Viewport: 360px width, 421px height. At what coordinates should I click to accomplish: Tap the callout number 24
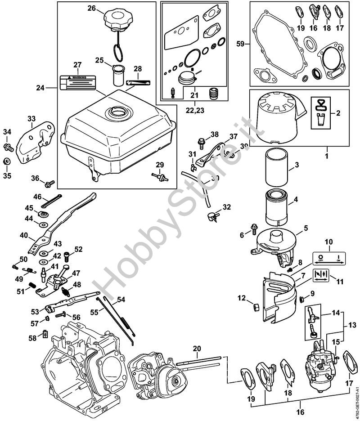[x=41, y=88]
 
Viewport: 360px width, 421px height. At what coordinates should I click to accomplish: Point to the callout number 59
[x=241, y=44]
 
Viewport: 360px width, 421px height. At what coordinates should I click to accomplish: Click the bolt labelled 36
[x=49, y=183]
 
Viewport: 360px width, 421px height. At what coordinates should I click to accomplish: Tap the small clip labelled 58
[x=45, y=333]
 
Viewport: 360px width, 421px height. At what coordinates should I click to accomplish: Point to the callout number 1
[x=327, y=156]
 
